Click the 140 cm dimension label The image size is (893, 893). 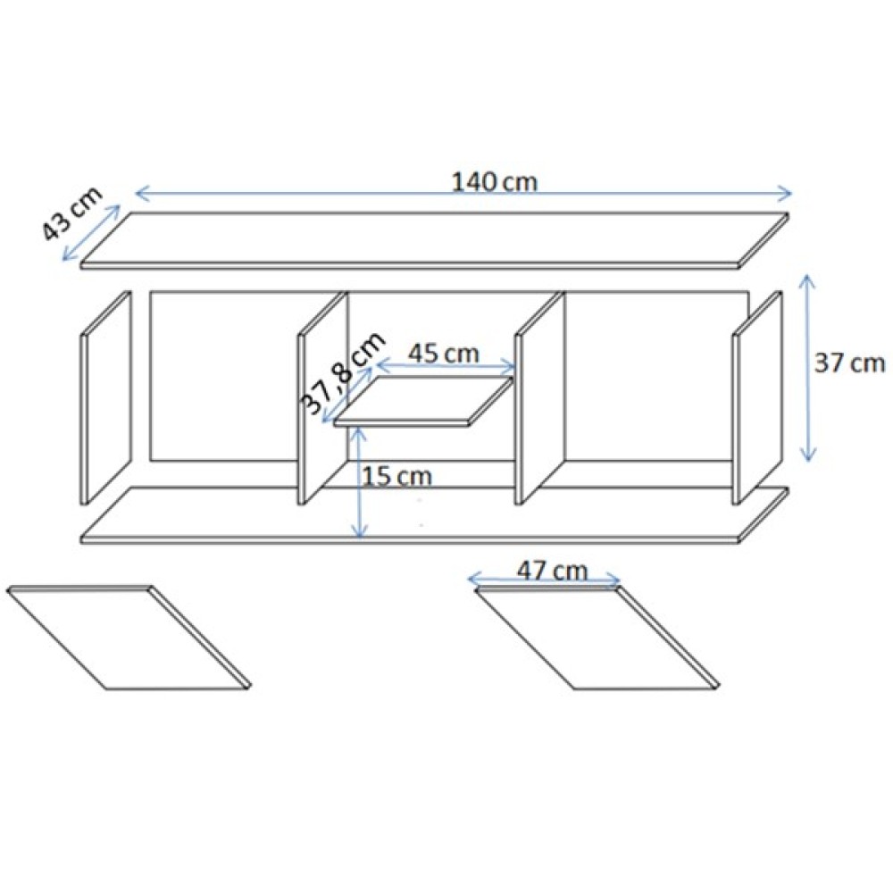tap(495, 182)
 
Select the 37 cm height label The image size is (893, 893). tap(849, 363)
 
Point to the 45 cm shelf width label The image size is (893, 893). tap(444, 354)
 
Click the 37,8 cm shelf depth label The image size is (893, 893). tap(343, 374)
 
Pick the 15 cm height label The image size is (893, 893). tap(397, 476)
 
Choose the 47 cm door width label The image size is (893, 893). tap(552, 570)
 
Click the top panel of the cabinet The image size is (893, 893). tap(435, 240)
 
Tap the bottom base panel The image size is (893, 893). tap(435, 515)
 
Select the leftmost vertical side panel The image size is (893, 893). tap(106, 397)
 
